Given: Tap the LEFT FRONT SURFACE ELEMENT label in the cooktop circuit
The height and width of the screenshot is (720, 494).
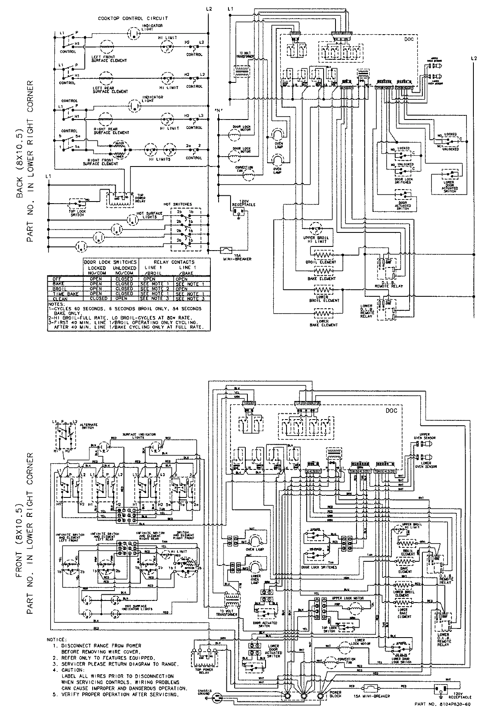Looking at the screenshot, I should click(x=110, y=59).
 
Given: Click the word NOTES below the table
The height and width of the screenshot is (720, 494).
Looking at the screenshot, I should click(x=56, y=303).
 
